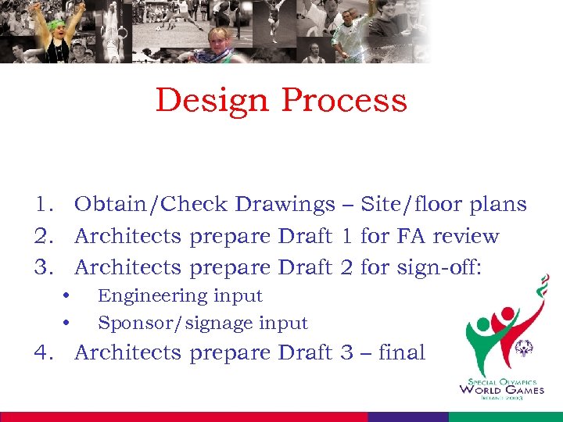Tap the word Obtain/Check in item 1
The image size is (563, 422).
pos(151,205)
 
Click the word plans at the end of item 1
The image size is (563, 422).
pos(498,205)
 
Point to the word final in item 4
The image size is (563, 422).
pos(401,352)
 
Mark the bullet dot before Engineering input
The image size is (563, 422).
pos(67,296)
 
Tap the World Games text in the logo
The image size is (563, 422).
pos(501,389)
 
